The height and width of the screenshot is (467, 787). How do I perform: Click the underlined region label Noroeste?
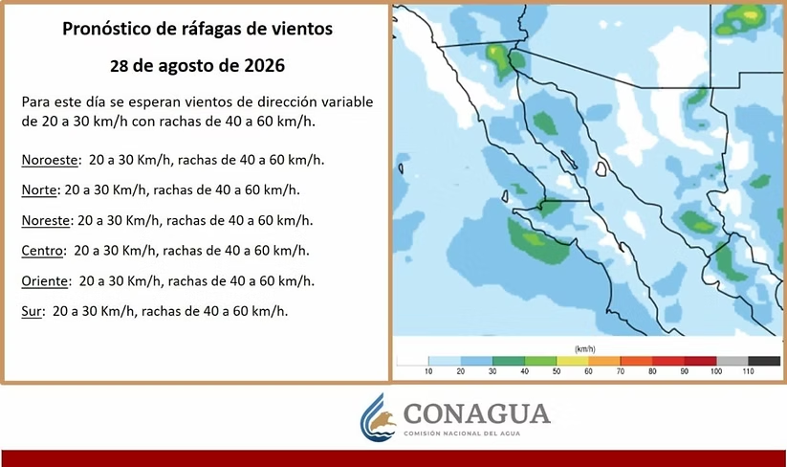coord(50,160)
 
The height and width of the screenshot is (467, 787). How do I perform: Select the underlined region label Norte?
coord(38,189)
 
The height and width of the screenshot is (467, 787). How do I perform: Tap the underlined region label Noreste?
coord(45,220)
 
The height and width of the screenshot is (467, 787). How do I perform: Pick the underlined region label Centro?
coord(43,251)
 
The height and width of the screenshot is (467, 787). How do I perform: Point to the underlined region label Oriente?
coord(44,280)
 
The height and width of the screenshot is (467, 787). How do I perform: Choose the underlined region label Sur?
coord(32,311)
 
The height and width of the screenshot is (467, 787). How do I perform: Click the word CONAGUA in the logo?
coord(477,413)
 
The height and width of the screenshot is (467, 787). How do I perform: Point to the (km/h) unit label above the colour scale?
coord(584,348)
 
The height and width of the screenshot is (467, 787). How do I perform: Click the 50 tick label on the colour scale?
coord(557,371)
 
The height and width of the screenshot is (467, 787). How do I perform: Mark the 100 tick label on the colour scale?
coord(716,371)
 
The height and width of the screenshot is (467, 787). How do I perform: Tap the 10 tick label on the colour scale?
coord(428,371)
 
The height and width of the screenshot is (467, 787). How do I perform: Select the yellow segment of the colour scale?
coord(572,361)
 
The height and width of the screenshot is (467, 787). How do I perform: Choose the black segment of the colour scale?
coord(764,361)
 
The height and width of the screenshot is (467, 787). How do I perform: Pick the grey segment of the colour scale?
coord(732,361)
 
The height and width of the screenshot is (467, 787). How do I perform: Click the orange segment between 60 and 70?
coord(604,361)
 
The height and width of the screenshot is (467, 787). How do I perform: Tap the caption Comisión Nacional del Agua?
coord(462,434)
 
